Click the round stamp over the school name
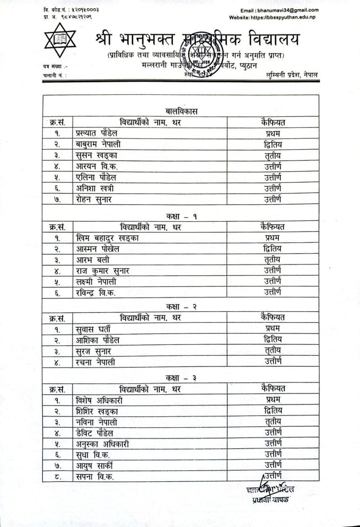pos(206,57)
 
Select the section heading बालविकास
pos(179,111)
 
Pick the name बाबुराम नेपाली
pos(99,145)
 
